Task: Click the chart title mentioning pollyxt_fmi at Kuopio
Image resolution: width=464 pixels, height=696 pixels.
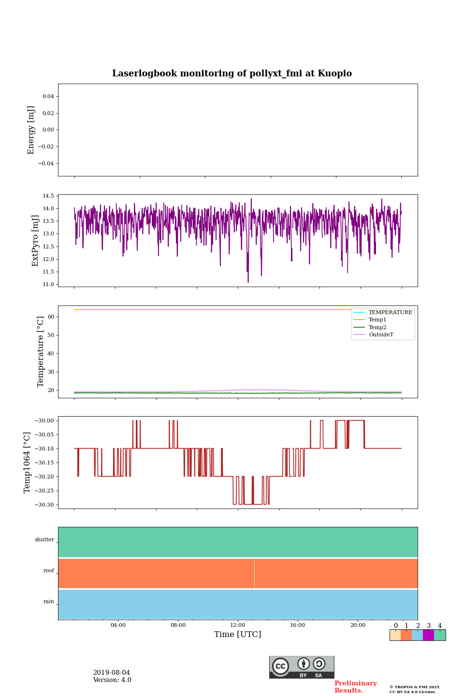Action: coord(232,73)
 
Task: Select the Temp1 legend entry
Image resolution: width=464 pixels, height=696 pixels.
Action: coord(377,320)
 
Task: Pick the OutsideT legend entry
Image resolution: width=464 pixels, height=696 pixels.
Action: coord(381,335)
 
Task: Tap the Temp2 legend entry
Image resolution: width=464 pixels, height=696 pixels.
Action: coord(377,327)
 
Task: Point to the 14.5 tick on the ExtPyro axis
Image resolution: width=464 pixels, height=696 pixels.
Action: coord(48,196)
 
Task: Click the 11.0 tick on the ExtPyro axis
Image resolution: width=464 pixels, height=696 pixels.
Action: coord(48,284)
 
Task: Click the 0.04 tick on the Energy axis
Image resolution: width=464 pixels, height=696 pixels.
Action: coord(48,97)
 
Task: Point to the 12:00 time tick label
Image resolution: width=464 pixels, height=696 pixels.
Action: coord(238,625)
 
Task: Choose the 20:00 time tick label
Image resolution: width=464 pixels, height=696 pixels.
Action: coord(358,625)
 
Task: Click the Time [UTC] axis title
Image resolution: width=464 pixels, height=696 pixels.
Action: coord(238,635)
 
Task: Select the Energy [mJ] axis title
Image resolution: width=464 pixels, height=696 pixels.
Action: coord(31,130)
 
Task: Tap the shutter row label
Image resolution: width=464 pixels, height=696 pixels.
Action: coord(44,540)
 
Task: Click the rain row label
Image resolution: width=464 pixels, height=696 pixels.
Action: coord(49,602)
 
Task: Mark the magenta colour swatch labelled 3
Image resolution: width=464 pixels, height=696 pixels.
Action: coord(428,635)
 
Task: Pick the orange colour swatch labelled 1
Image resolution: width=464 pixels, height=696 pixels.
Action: coord(406,635)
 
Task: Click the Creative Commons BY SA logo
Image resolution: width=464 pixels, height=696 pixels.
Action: coord(302,667)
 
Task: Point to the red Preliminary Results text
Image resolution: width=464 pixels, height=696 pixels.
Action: coord(355,687)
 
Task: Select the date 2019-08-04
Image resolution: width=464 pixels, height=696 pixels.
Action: coord(112,673)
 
